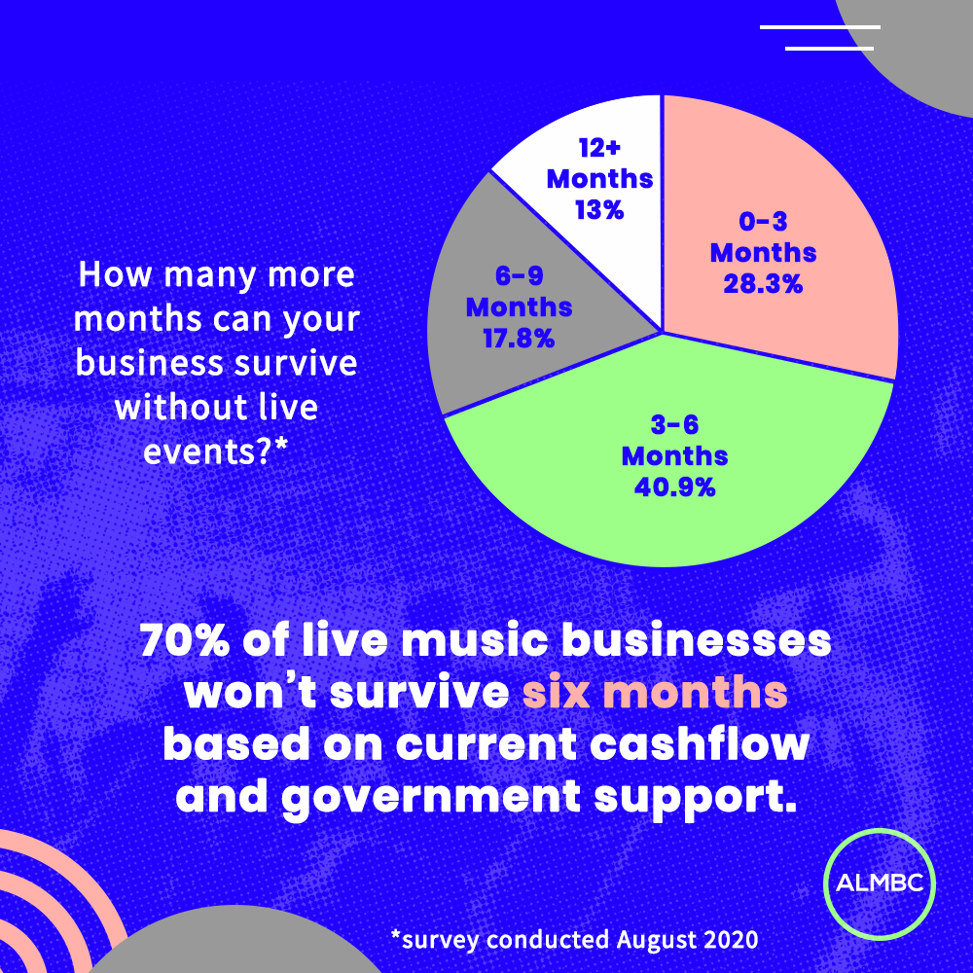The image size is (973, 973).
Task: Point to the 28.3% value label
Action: (x=763, y=284)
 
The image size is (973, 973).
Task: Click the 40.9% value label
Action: (x=674, y=487)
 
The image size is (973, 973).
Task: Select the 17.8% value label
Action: (x=519, y=339)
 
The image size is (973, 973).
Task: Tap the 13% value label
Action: (x=598, y=210)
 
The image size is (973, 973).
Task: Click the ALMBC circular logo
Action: (x=880, y=883)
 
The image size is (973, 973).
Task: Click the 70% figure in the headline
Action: (x=185, y=640)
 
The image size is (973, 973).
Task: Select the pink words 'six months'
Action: (x=655, y=693)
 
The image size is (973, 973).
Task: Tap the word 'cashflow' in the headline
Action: (x=700, y=743)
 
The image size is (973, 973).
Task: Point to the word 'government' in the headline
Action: (x=431, y=799)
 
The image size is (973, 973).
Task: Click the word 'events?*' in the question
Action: (x=216, y=451)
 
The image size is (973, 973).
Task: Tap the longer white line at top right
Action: (x=819, y=27)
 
